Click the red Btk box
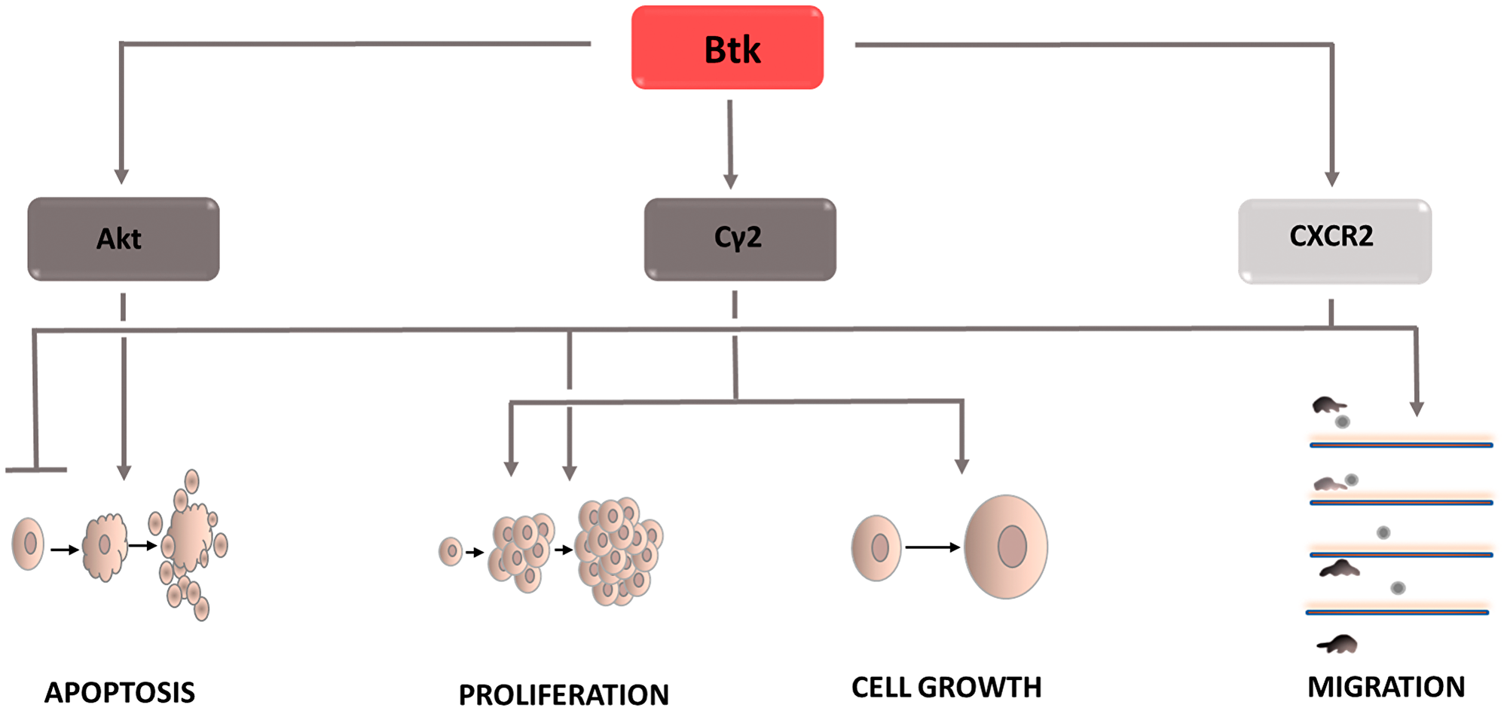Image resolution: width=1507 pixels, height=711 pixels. pos(727,48)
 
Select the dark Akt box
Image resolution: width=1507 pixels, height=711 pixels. pos(123,239)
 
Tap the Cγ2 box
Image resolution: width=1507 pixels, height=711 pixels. pos(739,239)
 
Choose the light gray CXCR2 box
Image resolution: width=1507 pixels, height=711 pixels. pos(1334,241)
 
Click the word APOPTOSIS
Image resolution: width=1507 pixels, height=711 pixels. pos(119,692)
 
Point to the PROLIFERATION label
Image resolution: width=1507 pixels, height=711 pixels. pos(564,694)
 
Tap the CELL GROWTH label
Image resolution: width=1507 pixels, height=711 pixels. pos(946,688)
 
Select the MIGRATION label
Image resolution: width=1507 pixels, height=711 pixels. pos(1386,687)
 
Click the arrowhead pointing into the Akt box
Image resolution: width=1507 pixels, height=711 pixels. pos(121,176)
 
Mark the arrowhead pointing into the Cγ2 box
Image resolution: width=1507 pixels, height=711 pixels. pos(730,181)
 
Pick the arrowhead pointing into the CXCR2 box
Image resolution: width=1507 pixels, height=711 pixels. pos(1331,179)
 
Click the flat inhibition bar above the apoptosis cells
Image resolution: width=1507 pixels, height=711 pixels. pos(36,470)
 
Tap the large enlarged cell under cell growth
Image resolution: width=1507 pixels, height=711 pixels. pos(1006,547)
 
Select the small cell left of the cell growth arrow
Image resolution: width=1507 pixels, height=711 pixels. pos(876,547)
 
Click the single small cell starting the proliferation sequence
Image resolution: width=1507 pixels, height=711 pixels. pos(451,551)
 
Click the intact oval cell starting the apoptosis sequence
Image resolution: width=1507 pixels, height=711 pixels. pos(29,544)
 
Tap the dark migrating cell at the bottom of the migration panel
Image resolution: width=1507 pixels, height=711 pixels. pos(1338,645)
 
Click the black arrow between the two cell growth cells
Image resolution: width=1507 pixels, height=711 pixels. pos(933,547)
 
